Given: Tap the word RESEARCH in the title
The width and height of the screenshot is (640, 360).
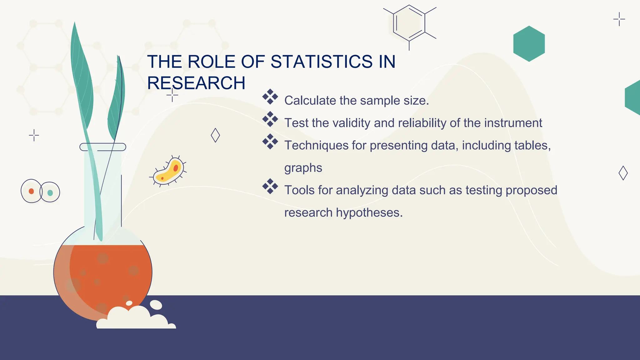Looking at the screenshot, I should [x=196, y=83].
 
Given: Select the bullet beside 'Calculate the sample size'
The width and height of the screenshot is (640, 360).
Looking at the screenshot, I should [x=270, y=97].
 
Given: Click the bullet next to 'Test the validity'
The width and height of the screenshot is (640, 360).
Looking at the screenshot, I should [x=270, y=119].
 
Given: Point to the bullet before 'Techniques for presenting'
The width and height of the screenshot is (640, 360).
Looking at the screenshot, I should [x=270, y=142].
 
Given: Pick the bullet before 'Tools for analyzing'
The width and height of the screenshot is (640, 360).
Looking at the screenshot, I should [x=270, y=187].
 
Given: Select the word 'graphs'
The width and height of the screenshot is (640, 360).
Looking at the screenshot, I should [x=303, y=168].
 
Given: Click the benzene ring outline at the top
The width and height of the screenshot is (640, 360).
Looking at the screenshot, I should [x=409, y=23].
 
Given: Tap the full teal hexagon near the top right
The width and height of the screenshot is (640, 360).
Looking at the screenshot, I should [x=529, y=44].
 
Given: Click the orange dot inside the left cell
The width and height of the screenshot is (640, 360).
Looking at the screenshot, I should [x=31, y=191].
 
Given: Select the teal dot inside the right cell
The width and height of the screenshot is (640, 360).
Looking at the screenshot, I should [x=50, y=193].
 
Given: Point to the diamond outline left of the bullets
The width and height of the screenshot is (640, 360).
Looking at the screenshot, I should [x=215, y=135].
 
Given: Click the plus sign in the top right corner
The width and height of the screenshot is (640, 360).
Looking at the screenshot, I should [x=619, y=19].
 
